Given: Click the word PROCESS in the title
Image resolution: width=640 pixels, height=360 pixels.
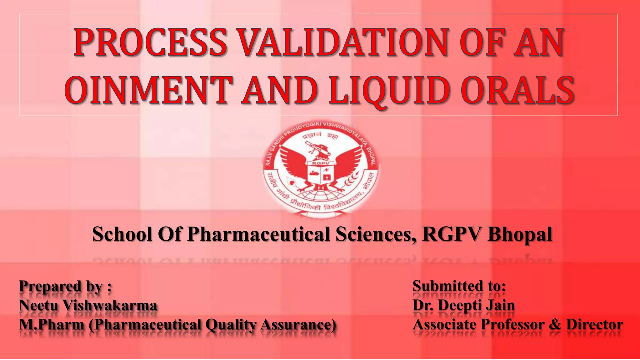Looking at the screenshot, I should [150, 42].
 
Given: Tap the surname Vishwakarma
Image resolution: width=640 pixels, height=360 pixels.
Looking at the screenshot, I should [110, 305].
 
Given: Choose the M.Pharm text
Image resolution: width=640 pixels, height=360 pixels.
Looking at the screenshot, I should [52, 324].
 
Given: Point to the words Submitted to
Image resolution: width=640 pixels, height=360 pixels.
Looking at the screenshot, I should [459, 286].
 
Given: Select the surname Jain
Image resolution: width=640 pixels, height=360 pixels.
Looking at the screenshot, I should [502, 305].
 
